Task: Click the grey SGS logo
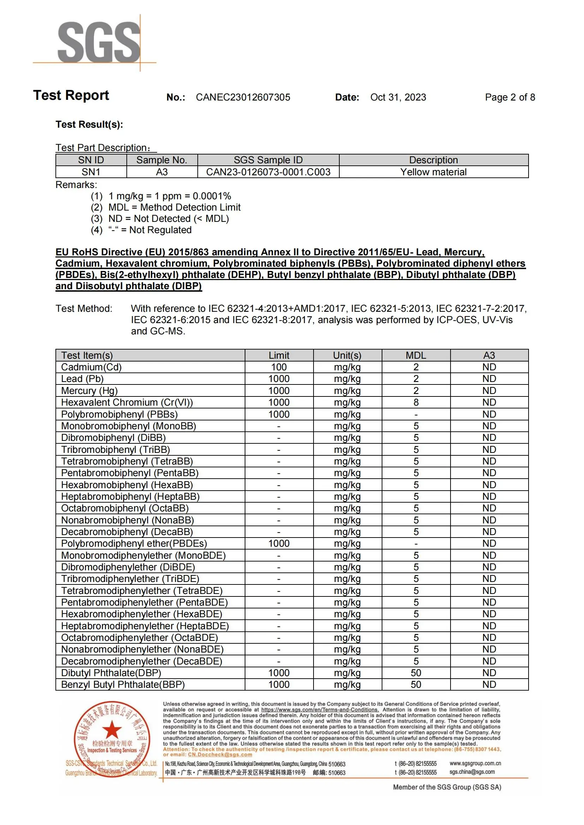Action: click(99, 42)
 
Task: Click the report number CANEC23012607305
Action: click(243, 97)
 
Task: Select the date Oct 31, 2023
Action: click(398, 97)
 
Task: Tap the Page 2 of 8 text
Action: click(509, 97)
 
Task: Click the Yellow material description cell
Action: click(433, 172)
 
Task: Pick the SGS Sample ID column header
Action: click(268, 160)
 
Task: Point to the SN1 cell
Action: click(91, 172)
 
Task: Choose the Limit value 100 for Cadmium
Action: click(279, 367)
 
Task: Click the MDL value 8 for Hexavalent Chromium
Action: click(416, 402)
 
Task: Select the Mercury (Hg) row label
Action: click(89, 390)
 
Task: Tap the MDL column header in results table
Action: click(416, 356)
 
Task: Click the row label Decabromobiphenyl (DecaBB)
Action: click(127, 532)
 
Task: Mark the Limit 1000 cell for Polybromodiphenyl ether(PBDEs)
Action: click(279, 544)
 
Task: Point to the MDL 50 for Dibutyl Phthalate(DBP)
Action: click(416, 673)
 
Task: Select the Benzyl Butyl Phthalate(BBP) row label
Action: click(123, 685)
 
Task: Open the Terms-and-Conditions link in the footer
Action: click(320, 710)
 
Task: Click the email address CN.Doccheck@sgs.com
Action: click(220, 754)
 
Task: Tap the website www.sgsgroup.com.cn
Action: click(475, 763)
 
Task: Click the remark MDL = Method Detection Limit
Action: click(174, 207)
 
